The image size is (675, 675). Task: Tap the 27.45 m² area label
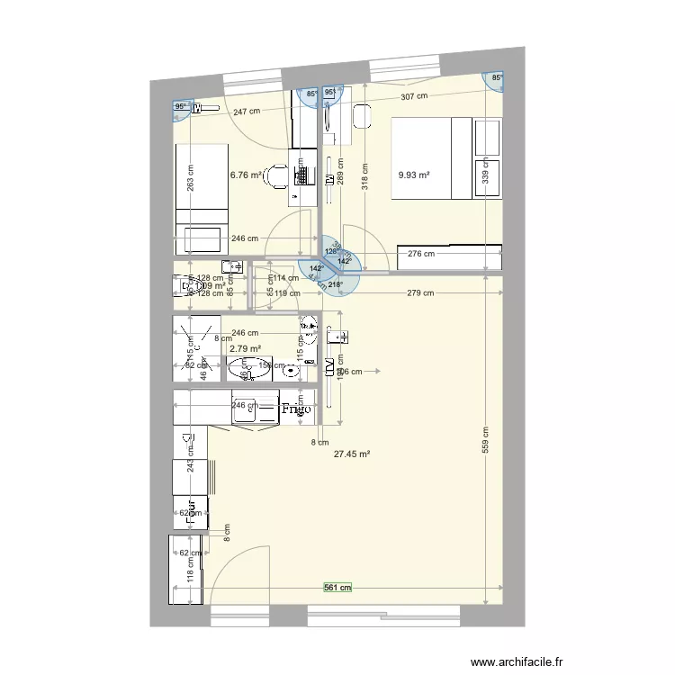352,455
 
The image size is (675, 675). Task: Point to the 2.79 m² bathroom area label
245,348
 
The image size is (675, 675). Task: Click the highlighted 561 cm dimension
337,588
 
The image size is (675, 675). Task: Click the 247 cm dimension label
247,112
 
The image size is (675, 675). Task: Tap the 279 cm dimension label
420,293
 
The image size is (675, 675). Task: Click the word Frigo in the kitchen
295,409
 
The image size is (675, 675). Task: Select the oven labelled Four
190,511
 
